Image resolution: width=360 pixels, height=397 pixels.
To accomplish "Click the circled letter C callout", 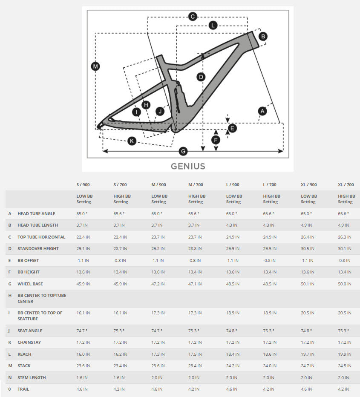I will (x=193, y=17).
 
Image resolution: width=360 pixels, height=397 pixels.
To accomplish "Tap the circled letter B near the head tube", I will (x=263, y=36).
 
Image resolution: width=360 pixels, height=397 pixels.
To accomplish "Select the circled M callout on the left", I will (x=95, y=66).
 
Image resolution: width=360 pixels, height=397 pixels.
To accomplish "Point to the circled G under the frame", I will (x=184, y=151).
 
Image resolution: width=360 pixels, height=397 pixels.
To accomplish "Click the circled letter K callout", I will (x=132, y=141).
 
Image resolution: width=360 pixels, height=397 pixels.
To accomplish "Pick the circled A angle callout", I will (x=262, y=111).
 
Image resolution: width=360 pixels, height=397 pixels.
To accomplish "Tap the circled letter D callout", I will (x=201, y=77).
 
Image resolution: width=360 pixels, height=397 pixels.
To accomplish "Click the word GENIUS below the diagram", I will (x=188, y=166).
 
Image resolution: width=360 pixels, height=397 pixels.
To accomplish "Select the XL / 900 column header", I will (x=309, y=184).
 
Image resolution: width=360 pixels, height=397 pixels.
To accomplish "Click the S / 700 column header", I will (x=121, y=184).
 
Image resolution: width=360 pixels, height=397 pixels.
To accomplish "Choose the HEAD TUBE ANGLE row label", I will (x=36, y=213).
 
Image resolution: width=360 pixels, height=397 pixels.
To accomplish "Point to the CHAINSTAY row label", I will (x=29, y=342).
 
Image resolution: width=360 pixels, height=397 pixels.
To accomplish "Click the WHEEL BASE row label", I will (x=30, y=284).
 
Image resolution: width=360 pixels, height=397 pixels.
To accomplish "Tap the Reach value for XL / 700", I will (x=344, y=354).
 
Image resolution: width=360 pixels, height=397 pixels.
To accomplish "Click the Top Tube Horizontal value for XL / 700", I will (x=344, y=237).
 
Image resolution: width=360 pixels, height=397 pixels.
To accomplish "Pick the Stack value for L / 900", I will (x=233, y=365).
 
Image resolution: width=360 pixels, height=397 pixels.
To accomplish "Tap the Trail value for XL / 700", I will (x=344, y=389).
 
